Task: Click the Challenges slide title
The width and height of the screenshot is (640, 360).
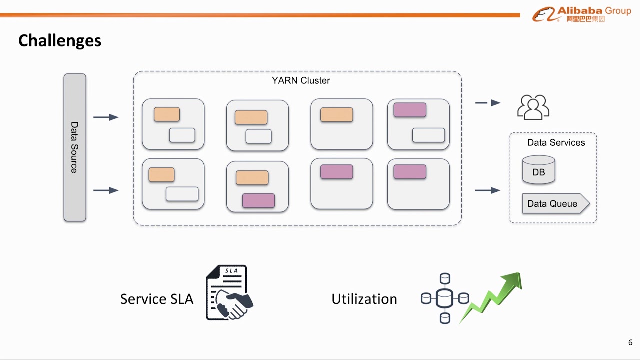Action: pyautogui.click(x=59, y=40)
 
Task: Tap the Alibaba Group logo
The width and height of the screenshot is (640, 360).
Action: pyautogui.click(x=581, y=14)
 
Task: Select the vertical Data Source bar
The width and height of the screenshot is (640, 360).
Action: pyautogui.click(x=75, y=147)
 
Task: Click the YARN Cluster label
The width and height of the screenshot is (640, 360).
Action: pyautogui.click(x=300, y=81)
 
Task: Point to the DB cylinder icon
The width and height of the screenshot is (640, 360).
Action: pyautogui.click(x=538, y=170)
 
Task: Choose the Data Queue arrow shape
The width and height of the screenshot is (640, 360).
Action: pyautogui.click(x=555, y=204)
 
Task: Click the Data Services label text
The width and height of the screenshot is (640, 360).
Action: pyautogui.click(x=556, y=143)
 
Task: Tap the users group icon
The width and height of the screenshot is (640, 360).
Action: pyautogui.click(x=533, y=107)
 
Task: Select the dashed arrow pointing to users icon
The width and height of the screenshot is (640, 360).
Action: pyautogui.click(x=488, y=103)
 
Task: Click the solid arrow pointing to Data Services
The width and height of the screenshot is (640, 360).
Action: pyautogui.click(x=488, y=190)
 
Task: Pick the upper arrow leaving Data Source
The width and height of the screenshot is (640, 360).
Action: pyautogui.click(x=106, y=117)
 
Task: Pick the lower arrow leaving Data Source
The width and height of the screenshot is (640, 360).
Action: pyautogui.click(x=106, y=190)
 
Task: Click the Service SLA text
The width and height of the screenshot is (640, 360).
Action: pyautogui.click(x=156, y=299)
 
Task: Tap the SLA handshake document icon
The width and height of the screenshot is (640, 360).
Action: pyautogui.click(x=229, y=293)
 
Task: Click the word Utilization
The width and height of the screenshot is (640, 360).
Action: pyautogui.click(x=364, y=299)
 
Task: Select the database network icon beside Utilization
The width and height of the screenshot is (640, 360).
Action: pyautogui.click(x=444, y=298)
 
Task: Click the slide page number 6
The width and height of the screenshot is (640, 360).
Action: pyautogui.click(x=630, y=342)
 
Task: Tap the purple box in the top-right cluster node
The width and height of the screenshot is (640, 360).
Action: pyautogui.click(x=410, y=110)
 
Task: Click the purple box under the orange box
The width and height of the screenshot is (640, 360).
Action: pyautogui.click(x=258, y=200)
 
